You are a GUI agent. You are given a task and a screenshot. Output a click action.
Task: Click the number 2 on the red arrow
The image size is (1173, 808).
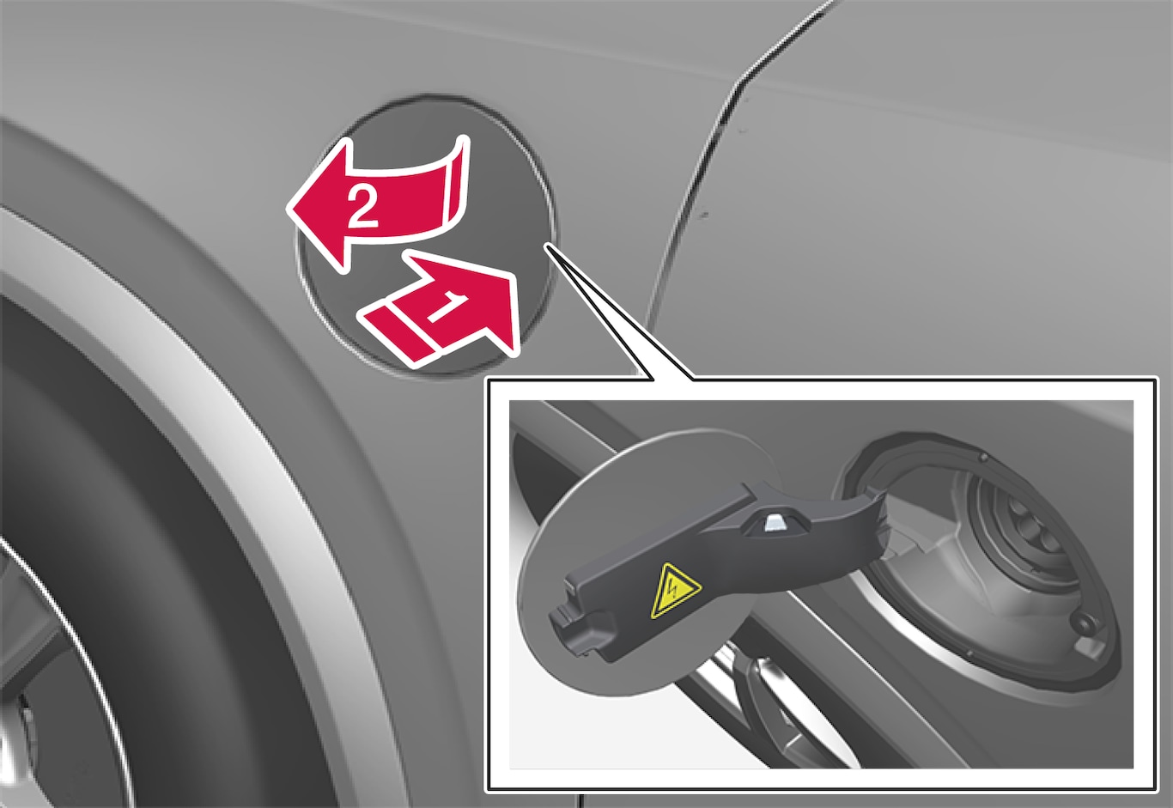click(x=362, y=207)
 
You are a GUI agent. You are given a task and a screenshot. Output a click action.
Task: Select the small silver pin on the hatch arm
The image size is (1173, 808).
click(x=774, y=524)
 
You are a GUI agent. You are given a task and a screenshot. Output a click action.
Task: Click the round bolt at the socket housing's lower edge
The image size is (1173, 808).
click(x=1079, y=623)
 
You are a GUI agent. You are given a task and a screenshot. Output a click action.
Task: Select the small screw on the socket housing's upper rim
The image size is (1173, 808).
click(x=983, y=457)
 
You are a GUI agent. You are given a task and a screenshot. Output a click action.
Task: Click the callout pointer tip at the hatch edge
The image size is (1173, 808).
click(x=547, y=245)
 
